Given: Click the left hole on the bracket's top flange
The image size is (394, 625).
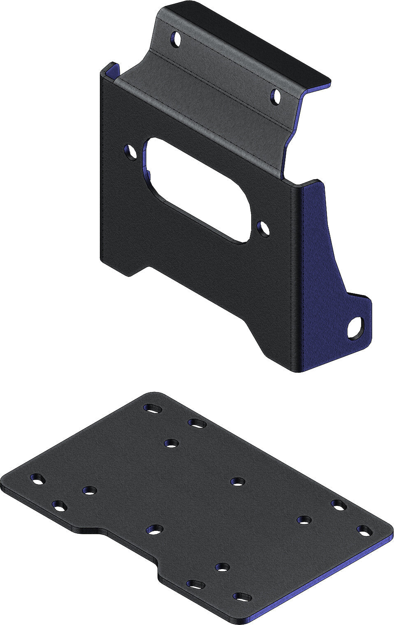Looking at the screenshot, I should (x=177, y=39).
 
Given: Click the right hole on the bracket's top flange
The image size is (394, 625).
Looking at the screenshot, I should (x=276, y=97).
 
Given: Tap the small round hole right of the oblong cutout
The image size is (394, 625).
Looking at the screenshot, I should (x=263, y=228).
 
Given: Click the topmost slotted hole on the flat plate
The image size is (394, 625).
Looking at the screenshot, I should (x=153, y=408).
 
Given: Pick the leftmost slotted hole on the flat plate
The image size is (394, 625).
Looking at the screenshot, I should (x=37, y=479).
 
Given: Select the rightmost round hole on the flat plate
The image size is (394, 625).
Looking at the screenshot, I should (x=304, y=520).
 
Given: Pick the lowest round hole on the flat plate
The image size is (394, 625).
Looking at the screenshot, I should (x=222, y=567).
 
